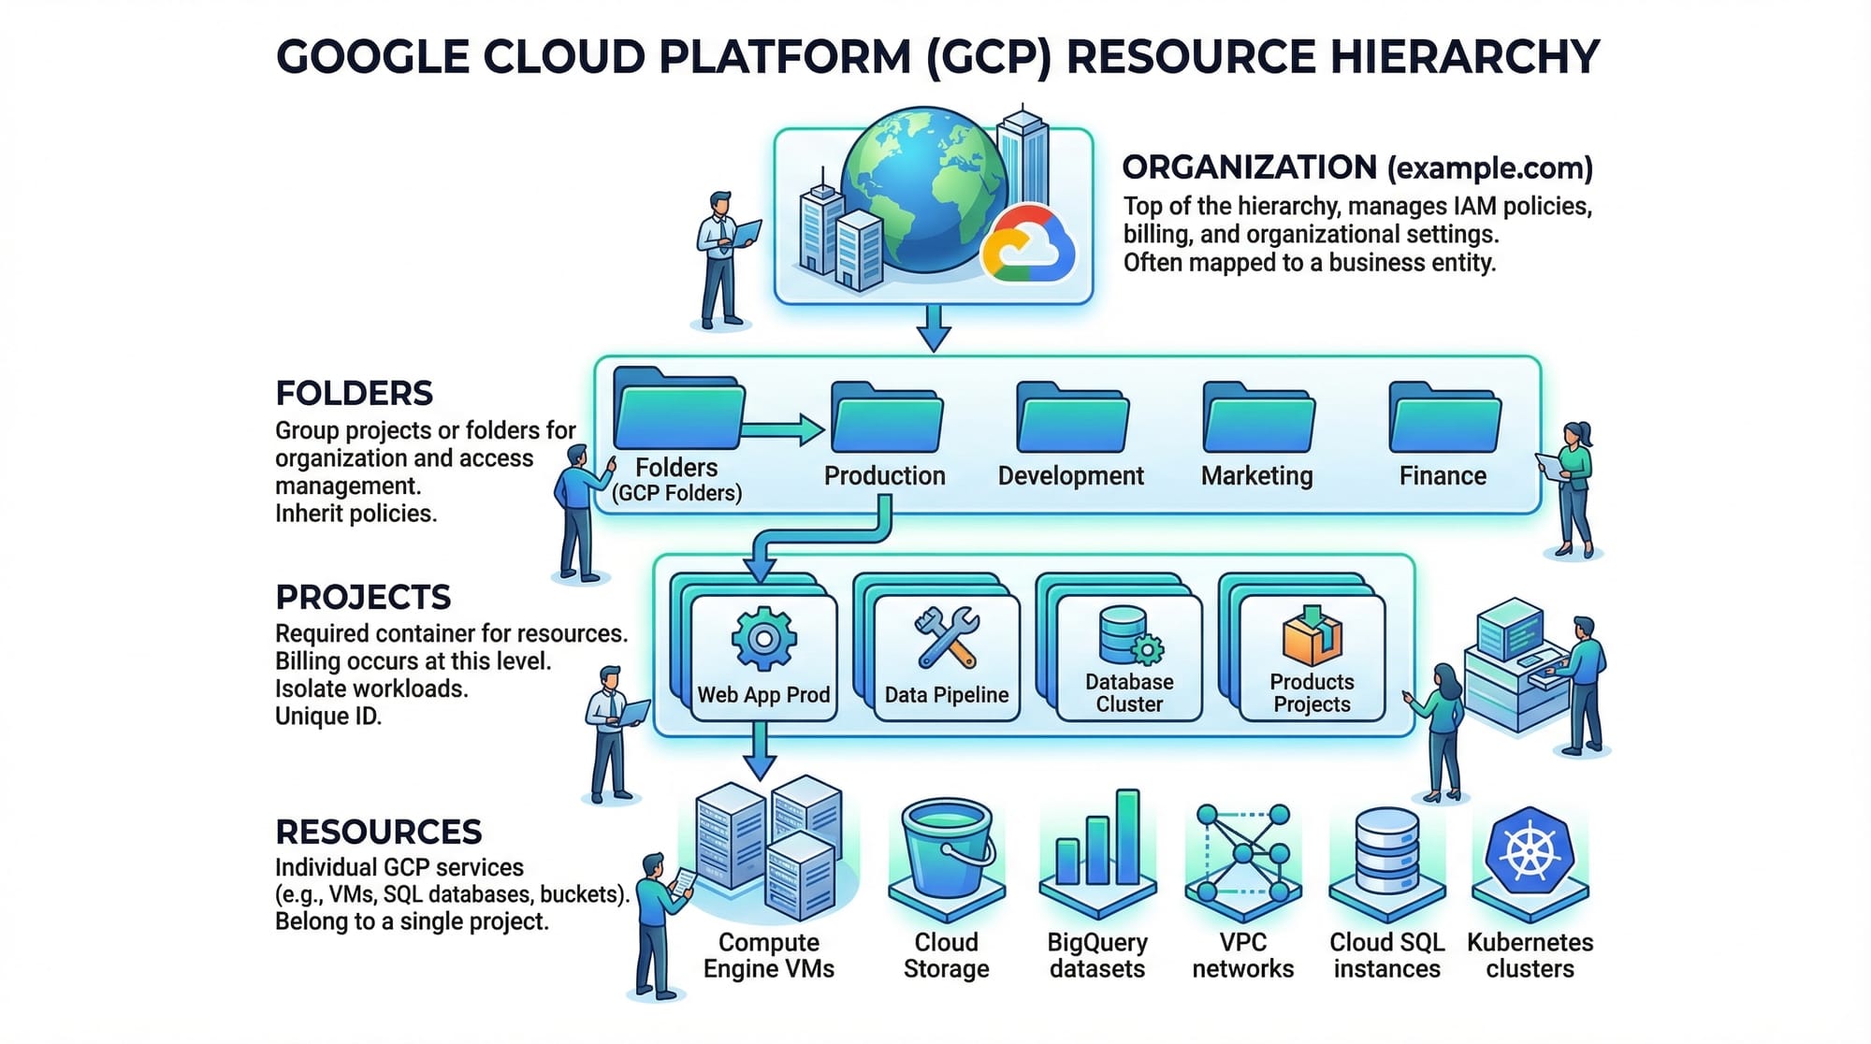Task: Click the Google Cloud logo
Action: [1028, 244]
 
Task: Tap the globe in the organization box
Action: [921, 187]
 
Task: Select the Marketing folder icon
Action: [1258, 418]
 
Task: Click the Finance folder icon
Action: [1444, 418]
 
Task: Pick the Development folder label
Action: [1070, 476]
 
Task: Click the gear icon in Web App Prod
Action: [763, 639]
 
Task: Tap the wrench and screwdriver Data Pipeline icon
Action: [947, 638]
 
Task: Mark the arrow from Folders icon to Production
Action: [782, 430]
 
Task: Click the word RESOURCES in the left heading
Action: [379, 832]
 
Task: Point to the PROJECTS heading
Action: [363, 597]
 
